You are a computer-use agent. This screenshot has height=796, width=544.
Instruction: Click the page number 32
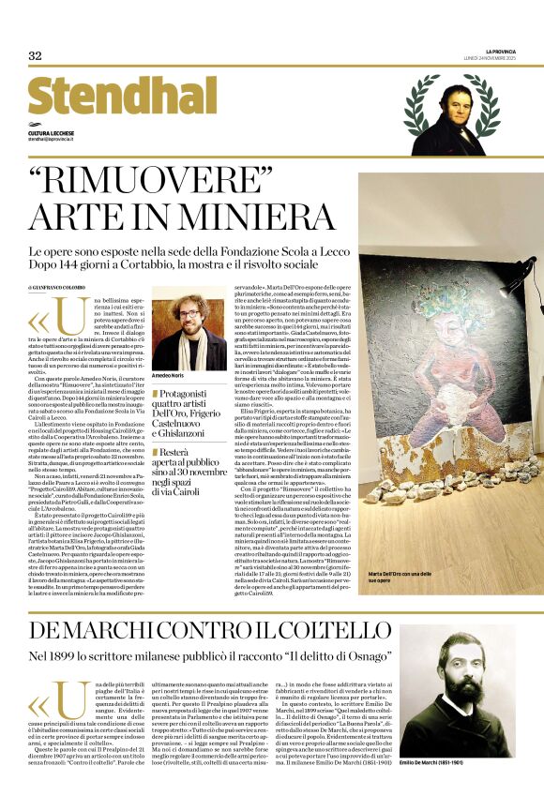click(x=36, y=56)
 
